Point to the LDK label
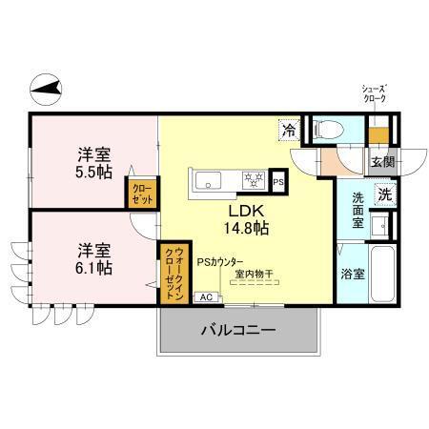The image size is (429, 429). pyautogui.click(x=245, y=211)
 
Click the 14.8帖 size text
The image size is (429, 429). pyautogui.click(x=246, y=229)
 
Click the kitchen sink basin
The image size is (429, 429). pyautogui.click(x=209, y=179)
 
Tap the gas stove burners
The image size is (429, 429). pyautogui.click(x=252, y=179)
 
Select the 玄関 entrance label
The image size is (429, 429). pyautogui.click(x=382, y=161)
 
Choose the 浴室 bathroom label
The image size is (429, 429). pyautogui.click(x=352, y=275)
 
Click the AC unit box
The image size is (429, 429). pyautogui.click(x=205, y=296)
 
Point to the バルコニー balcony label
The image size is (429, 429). pyautogui.click(x=237, y=332)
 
